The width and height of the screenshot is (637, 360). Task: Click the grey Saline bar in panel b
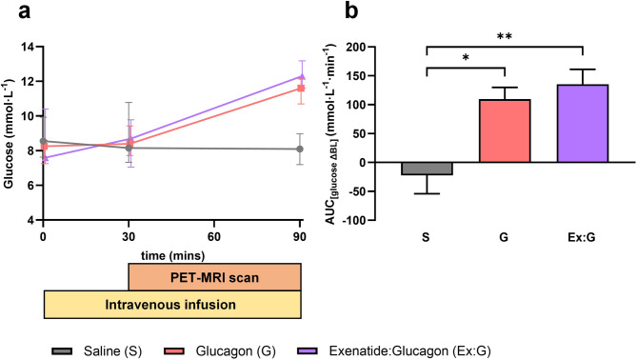(x=427, y=169)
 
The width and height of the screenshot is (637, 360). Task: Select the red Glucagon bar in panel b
(x=505, y=130)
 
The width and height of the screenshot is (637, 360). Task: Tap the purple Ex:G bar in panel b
(x=583, y=124)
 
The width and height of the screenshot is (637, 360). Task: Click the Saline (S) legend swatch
(x=62, y=351)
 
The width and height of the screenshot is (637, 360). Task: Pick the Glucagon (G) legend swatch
(x=173, y=351)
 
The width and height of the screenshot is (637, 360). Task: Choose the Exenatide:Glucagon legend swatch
(x=308, y=351)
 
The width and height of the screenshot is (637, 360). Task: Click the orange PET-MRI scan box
(x=215, y=277)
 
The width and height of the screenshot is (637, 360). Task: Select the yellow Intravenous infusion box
(x=172, y=305)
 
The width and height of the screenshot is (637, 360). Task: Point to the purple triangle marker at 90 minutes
(x=301, y=76)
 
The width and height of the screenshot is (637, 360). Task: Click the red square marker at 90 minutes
(x=301, y=89)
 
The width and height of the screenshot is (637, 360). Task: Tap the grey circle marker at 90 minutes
(x=300, y=150)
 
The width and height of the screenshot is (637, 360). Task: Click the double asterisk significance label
(x=505, y=36)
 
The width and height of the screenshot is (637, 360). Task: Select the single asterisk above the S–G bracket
(x=466, y=57)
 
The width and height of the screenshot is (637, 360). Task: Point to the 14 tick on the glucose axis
(x=28, y=47)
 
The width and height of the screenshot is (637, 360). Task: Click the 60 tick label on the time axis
(x=214, y=236)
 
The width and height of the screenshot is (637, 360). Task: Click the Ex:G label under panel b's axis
(x=582, y=237)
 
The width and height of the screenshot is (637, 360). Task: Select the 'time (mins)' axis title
(x=172, y=256)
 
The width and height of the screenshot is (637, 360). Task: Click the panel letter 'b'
(x=351, y=11)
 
